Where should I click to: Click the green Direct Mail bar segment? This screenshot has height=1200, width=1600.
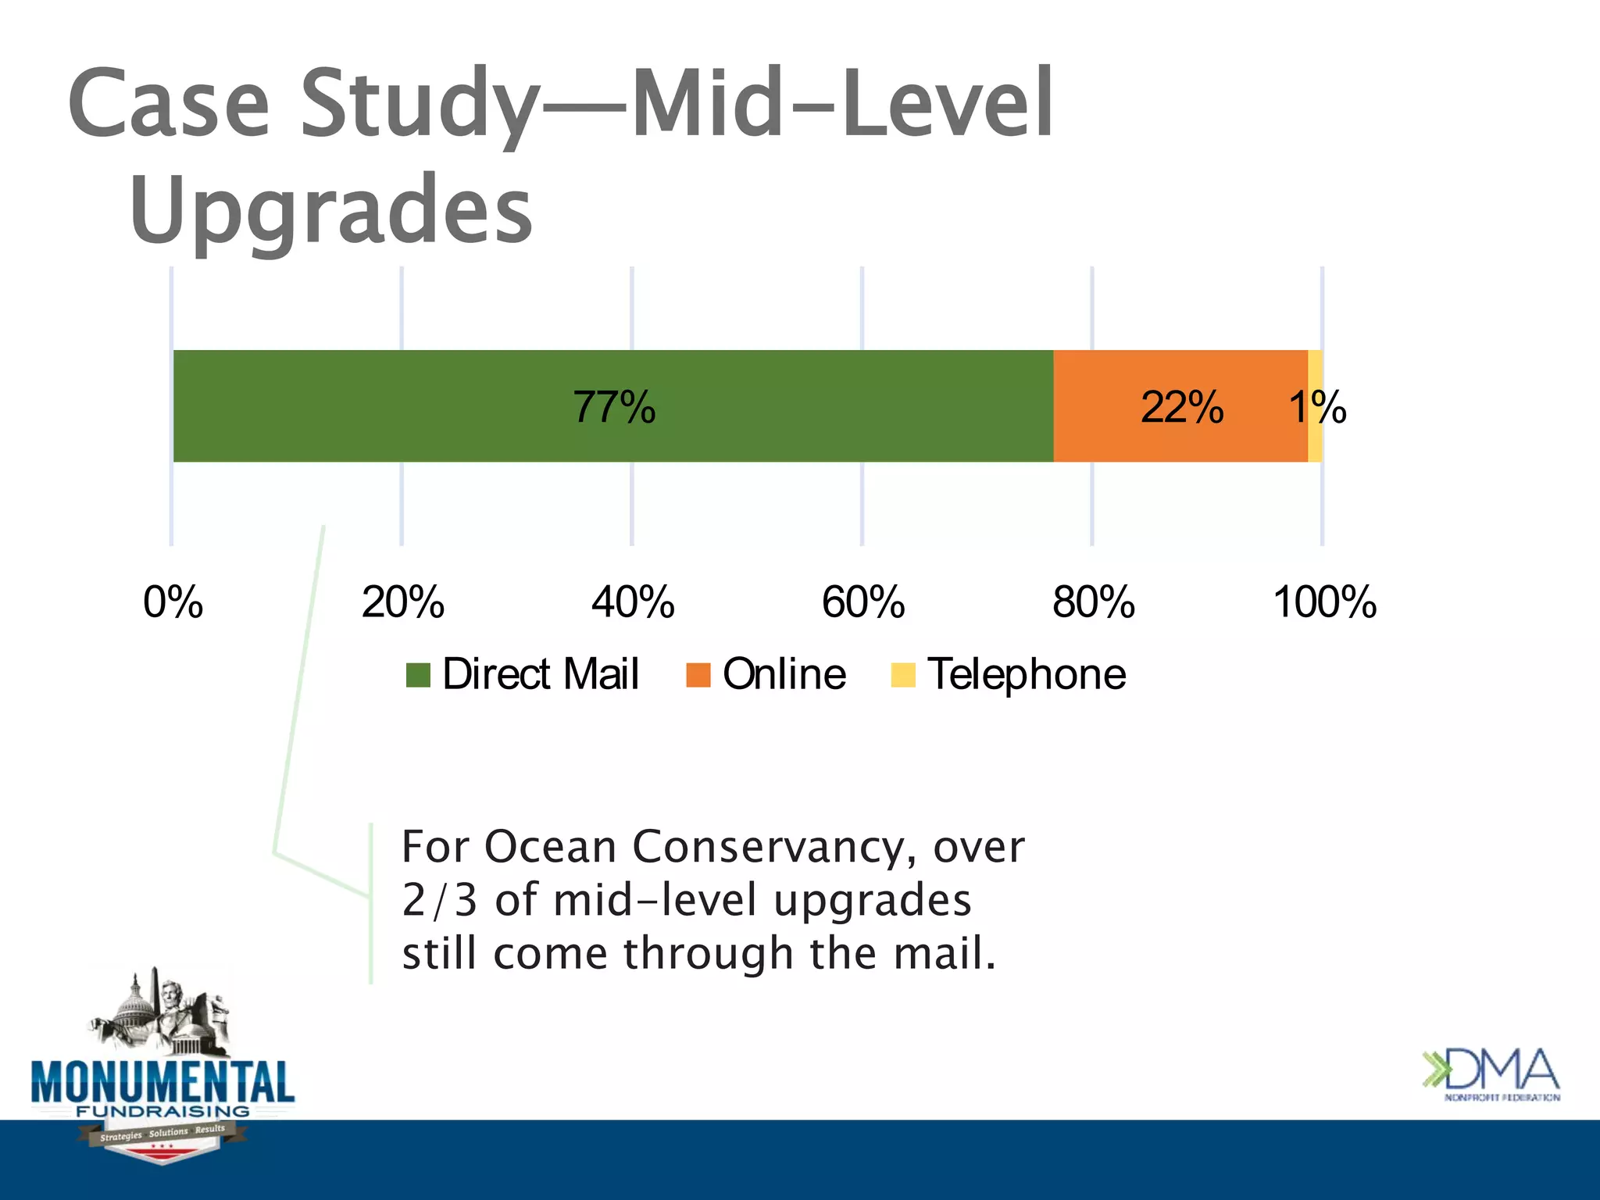[391, 406]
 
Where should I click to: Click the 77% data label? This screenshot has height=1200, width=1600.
[614, 407]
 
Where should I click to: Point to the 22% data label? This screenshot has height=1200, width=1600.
[1181, 407]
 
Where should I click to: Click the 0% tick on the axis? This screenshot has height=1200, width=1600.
[173, 602]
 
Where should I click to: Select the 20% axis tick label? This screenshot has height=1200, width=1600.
[402, 602]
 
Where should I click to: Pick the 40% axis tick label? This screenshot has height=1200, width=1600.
[633, 602]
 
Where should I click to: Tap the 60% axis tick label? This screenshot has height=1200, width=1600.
[862, 602]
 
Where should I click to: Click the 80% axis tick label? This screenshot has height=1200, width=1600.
[1093, 602]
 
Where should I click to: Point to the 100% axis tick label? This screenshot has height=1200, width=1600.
[1324, 602]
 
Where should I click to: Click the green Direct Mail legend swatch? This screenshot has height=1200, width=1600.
[418, 675]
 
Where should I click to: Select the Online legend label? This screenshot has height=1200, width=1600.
[784, 674]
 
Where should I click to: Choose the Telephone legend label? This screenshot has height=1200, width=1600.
[1026, 674]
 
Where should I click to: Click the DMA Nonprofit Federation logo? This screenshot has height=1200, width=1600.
[1491, 1074]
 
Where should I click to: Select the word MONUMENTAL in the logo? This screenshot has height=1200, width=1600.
[162, 1082]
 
